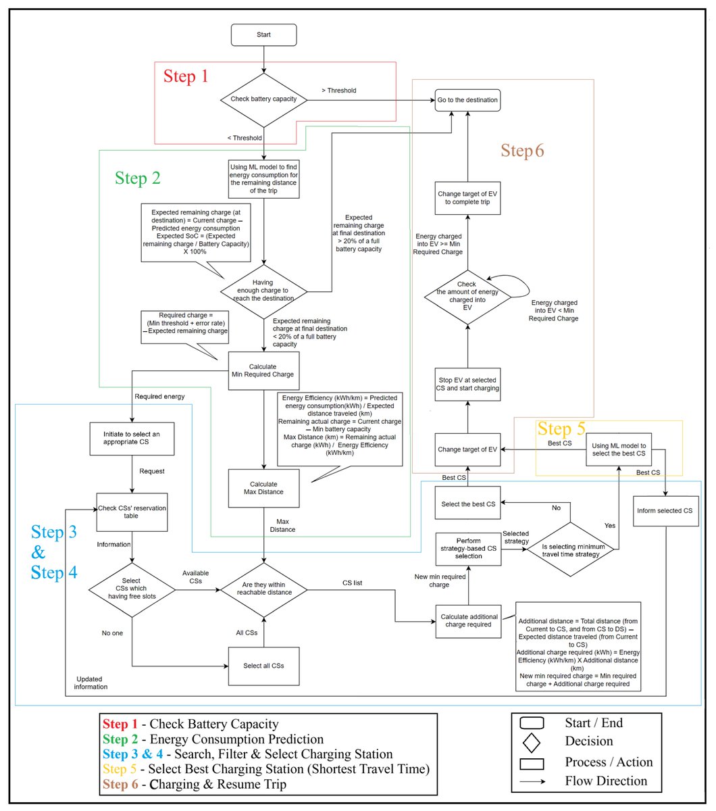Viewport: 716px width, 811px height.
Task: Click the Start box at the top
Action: [263, 34]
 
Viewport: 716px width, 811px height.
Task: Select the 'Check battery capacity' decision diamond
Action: [263, 99]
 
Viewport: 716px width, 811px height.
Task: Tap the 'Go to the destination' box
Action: [467, 100]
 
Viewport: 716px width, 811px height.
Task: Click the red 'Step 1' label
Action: [186, 76]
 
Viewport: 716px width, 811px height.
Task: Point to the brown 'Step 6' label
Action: [522, 151]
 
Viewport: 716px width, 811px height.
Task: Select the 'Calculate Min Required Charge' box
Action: [263, 370]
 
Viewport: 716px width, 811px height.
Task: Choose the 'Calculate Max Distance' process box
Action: [263, 487]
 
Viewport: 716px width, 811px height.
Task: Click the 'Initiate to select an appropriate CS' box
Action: [132, 438]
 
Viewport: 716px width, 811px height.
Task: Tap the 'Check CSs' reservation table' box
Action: [132, 512]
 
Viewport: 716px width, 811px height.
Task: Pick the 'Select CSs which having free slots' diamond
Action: [132, 589]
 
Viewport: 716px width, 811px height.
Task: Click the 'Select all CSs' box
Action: [263, 666]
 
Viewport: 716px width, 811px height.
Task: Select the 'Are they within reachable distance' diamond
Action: [264, 589]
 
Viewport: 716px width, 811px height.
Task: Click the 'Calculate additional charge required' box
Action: [469, 620]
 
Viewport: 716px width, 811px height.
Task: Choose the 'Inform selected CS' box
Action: [665, 511]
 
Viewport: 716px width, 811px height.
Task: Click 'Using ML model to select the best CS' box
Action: [618, 449]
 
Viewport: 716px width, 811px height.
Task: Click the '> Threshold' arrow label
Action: [338, 91]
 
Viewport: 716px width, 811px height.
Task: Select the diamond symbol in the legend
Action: [532, 742]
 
